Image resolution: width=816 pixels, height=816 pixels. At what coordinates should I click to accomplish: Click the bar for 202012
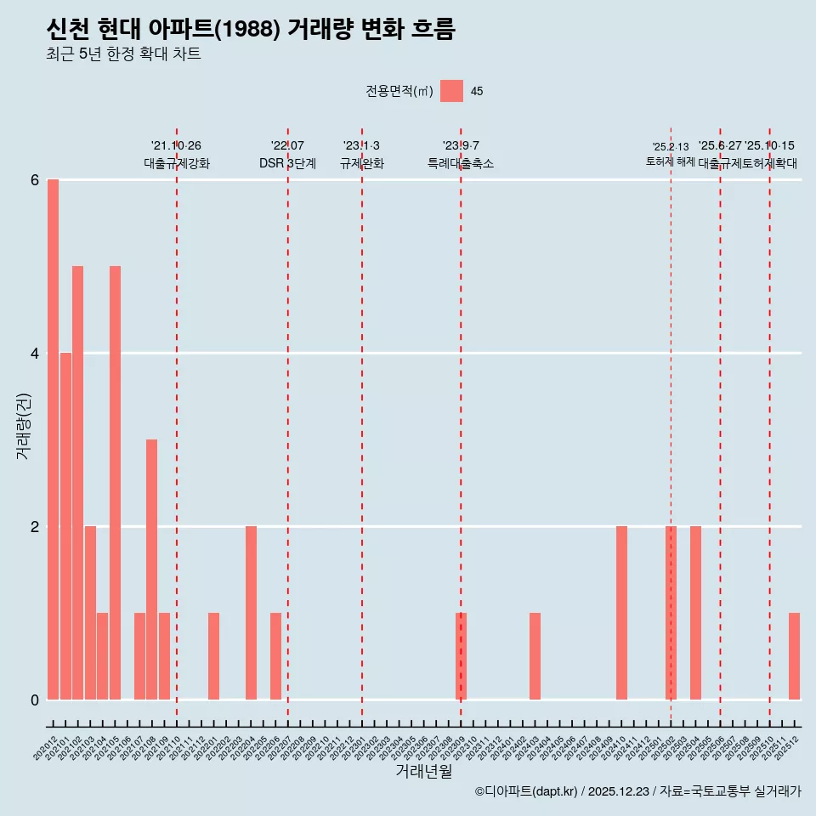[x=53, y=439]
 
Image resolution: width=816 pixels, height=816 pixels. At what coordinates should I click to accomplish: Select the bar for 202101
[x=65, y=526]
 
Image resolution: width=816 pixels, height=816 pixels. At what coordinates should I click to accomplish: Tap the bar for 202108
[x=151, y=569]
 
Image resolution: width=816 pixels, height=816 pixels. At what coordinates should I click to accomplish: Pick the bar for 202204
[x=251, y=613]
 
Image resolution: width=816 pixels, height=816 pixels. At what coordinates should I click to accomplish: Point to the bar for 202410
[x=621, y=613]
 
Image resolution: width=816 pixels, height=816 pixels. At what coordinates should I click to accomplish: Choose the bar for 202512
[x=794, y=656]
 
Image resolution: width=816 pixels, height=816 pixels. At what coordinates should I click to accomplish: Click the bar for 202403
[x=535, y=656]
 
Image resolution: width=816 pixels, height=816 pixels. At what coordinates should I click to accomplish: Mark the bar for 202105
[x=115, y=483]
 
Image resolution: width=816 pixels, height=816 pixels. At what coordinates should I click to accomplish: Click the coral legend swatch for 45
[x=452, y=92]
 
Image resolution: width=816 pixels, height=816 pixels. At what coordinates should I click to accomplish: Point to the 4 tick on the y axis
[x=35, y=353]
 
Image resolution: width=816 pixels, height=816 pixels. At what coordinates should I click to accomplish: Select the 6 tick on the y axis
[x=35, y=180]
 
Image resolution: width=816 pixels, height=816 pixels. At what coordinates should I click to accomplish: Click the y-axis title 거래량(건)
[x=24, y=426]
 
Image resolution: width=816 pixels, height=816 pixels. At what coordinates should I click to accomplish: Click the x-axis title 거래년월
[x=423, y=772]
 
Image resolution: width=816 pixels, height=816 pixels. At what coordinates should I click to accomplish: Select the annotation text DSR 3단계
[x=287, y=163]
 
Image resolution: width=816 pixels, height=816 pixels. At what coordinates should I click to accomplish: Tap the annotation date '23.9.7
[x=461, y=146]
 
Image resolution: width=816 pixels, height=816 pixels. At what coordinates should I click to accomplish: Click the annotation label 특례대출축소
[x=461, y=163]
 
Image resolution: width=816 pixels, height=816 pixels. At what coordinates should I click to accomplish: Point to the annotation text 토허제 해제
[x=671, y=161]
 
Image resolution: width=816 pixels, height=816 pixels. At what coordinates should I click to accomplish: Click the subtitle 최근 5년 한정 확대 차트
[x=124, y=54]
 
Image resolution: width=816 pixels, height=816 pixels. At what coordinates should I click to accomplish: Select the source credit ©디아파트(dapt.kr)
[x=526, y=791]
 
